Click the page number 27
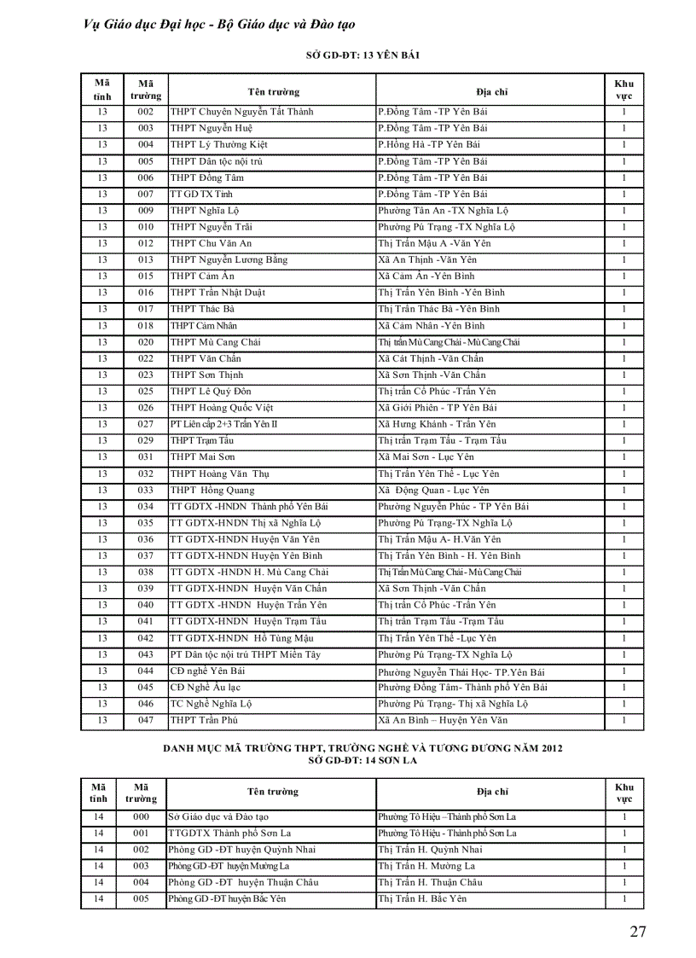tap(637, 931)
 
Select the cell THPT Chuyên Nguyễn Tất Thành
tap(242, 112)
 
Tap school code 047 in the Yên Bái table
tap(146, 721)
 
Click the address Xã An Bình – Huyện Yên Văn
tap(443, 721)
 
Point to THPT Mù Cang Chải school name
tap(216, 342)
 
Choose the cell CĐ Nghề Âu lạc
tap(206, 688)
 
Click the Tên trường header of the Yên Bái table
tap(273, 91)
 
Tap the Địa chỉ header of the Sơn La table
tap(492, 792)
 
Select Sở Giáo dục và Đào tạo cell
tap(218, 817)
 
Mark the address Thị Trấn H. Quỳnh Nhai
tap(430, 850)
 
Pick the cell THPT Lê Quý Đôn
tap(211, 392)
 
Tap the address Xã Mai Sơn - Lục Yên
tap(426, 457)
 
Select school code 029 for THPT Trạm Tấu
tap(146, 441)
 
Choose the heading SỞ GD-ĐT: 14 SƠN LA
tap(362, 759)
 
